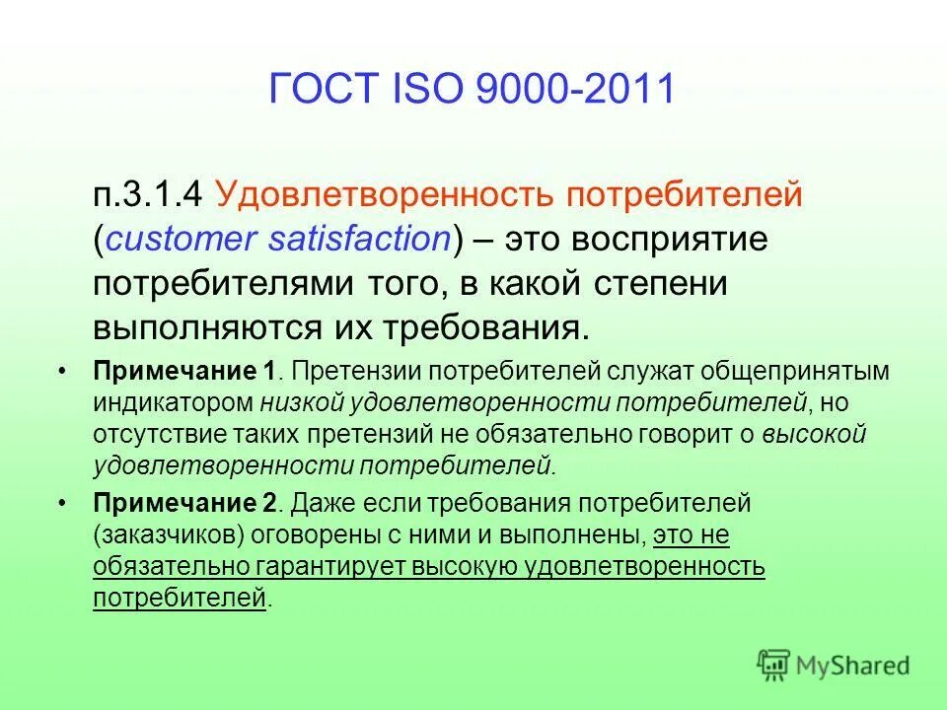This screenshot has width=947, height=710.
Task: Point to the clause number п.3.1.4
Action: [x=150, y=195]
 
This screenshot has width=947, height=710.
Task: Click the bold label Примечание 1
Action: [x=184, y=373]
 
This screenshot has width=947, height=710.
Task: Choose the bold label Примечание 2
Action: [x=184, y=504]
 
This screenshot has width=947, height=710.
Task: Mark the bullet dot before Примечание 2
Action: [x=63, y=504]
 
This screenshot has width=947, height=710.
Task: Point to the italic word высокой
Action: [x=814, y=434]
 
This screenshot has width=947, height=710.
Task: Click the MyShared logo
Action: [x=834, y=664]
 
